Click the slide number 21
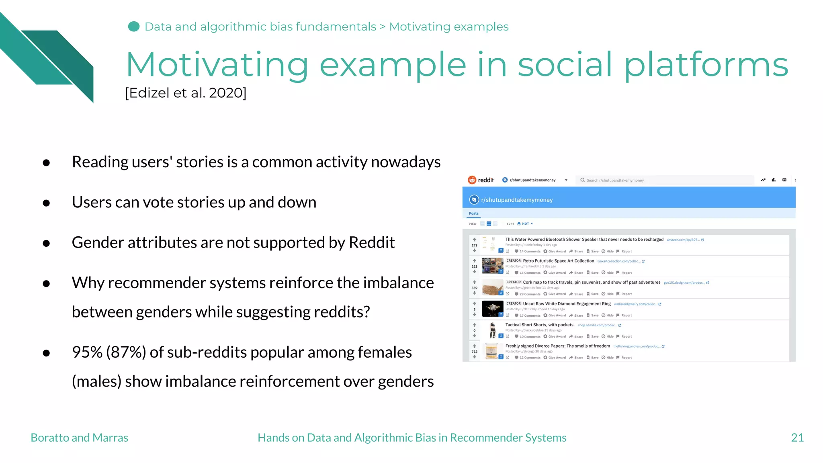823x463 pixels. point(797,438)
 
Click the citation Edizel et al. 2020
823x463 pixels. point(186,93)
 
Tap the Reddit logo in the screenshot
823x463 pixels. point(481,180)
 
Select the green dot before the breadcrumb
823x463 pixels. point(134,27)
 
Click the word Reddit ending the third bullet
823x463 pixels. point(372,242)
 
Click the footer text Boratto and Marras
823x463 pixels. point(79,438)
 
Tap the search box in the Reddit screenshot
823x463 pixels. point(665,180)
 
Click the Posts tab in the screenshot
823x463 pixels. point(473,213)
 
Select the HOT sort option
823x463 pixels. point(525,224)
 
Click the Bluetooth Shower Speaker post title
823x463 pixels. point(584,240)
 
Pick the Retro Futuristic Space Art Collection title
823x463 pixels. point(558,261)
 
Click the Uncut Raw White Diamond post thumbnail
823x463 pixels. point(492,309)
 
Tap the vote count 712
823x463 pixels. point(475,352)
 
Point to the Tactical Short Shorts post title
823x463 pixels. point(540,325)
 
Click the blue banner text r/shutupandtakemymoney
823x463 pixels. point(516,200)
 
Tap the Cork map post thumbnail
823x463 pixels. point(492,287)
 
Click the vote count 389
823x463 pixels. point(475,288)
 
